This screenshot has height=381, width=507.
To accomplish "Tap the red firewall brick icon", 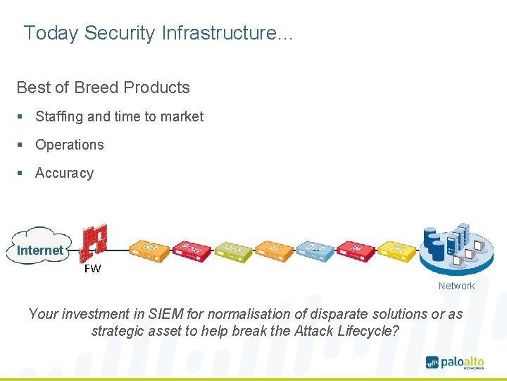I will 94,242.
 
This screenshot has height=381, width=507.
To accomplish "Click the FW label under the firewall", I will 92,269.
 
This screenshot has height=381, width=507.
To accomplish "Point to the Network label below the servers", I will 456,286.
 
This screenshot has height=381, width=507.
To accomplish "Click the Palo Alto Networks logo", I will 454,363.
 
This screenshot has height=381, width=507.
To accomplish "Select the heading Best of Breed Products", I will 103,87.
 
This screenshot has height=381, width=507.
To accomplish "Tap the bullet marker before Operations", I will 21,145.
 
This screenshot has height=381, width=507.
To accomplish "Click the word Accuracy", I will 64,173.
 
